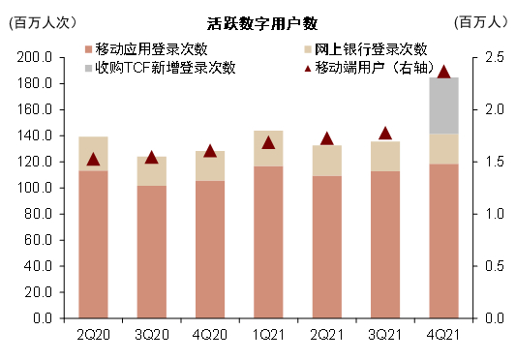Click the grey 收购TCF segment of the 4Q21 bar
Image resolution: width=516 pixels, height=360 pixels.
443,105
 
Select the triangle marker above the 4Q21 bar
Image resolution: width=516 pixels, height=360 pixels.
443,72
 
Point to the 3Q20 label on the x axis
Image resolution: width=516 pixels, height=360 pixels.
151,334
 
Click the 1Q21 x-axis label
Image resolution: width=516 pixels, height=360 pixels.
268,334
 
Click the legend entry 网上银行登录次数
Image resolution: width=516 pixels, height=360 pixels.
370,49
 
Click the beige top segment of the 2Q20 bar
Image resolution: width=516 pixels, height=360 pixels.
93,154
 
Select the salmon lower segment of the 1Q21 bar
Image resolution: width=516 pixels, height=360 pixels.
268,242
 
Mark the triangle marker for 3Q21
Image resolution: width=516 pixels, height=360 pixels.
385,134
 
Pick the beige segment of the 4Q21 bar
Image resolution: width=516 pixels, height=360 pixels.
443,149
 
